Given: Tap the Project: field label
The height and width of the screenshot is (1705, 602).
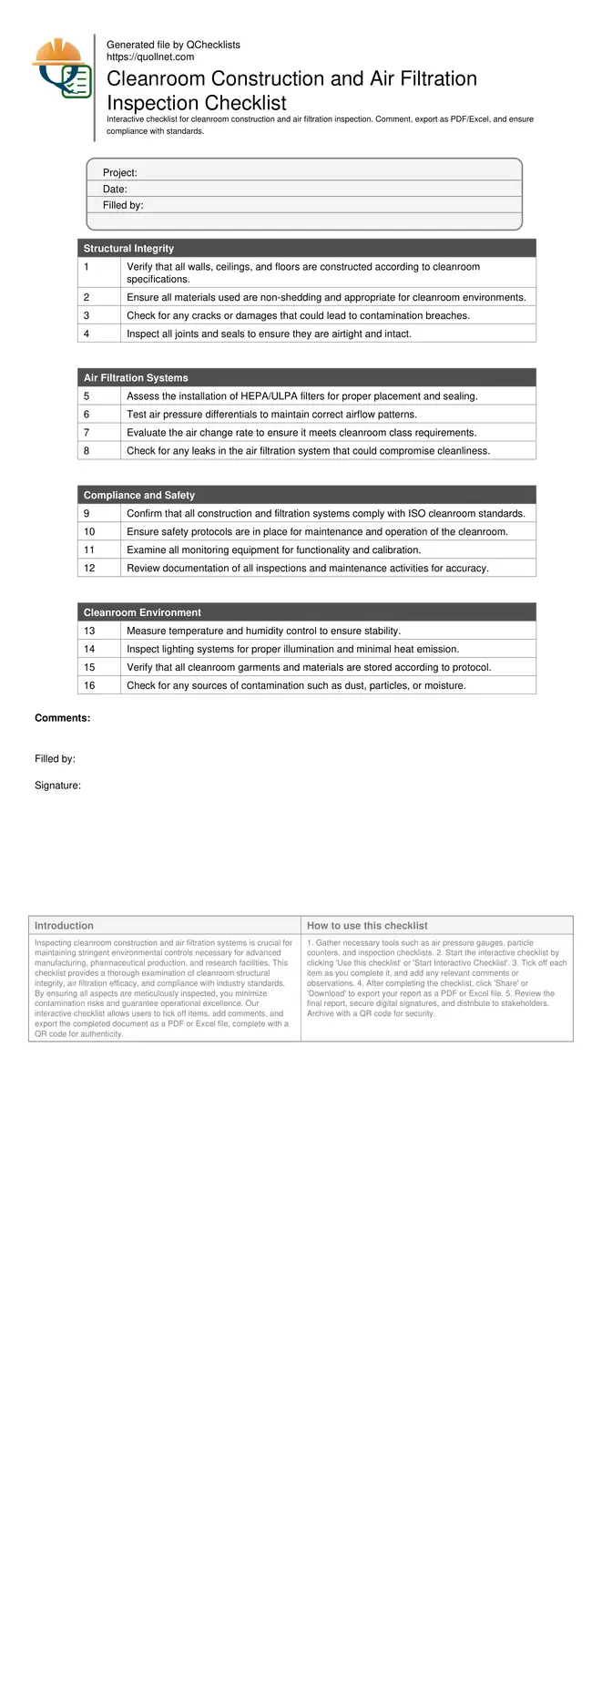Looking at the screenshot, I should point(119,172).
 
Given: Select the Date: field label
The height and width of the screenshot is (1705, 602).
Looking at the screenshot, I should point(115,189).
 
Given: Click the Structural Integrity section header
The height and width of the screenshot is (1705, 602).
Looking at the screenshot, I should point(128,248).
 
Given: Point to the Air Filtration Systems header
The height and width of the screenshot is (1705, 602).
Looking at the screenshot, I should point(136,377).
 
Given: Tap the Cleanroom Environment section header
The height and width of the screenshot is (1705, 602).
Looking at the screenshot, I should point(142,612).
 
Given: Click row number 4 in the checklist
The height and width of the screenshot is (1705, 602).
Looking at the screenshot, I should point(87,334).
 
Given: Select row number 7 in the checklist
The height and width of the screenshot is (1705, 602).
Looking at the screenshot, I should point(87,432).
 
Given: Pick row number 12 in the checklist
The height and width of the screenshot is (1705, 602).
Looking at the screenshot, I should point(89,568).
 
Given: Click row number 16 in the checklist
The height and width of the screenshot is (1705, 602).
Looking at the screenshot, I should point(89,685).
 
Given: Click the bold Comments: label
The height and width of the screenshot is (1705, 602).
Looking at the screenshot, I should point(62,718).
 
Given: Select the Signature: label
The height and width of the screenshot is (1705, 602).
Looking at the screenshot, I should point(57,786).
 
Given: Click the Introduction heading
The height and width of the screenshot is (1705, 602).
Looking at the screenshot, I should point(64,925).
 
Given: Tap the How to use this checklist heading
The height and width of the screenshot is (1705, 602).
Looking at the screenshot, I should point(367,925).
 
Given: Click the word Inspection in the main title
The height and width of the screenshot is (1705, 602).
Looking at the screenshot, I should point(150,103).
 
